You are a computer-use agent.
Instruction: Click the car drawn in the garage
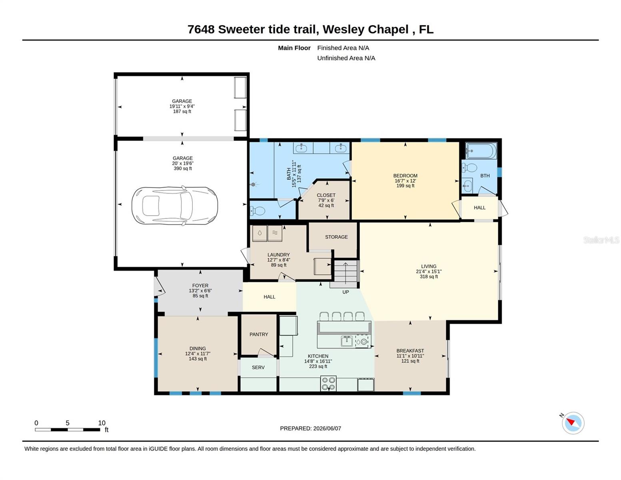pyautogui.click(x=175, y=205)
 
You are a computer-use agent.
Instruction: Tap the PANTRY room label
pyautogui.click(x=259, y=334)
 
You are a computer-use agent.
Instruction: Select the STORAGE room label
pyautogui.click(x=336, y=237)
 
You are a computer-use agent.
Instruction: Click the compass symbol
pyautogui.click(x=573, y=423)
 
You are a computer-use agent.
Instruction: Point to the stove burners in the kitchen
pyautogui.click(x=328, y=383)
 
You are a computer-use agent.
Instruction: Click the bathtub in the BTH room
pyautogui.click(x=481, y=151)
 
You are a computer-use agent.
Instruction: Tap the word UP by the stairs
pyautogui.click(x=345, y=292)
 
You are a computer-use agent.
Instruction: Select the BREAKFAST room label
pyautogui.click(x=410, y=351)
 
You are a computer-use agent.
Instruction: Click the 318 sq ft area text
pyautogui.click(x=429, y=277)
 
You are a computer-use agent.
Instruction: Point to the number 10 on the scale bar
pyautogui.click(x=102, y=423)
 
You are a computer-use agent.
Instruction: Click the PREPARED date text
pyautogui.click(x=310, y=428)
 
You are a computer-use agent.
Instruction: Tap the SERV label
pyautogui.click(x=258, y=367)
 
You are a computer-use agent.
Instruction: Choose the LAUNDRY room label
pyautogui.click(x=278, y=255)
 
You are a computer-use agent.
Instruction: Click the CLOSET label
pyautogui.click(x=326, y=195)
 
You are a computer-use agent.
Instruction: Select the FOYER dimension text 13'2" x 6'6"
pyautogui.click(x=200, y=291)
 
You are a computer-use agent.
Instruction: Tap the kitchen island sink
pyautogui.click(x=347, y=341)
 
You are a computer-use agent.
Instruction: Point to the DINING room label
pyautogui.click(x=198, y=348)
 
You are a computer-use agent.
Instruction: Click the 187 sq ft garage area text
pyautogui.click(x=182, y=111)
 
